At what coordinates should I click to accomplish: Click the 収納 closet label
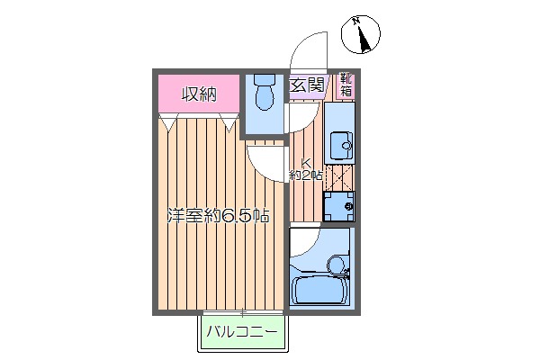pyautogui.click(x=199, y=94)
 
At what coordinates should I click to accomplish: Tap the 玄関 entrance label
pyautogui.click(x=307, y=85)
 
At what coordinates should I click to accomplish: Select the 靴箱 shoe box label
pyautogui.click(x=346, y=85)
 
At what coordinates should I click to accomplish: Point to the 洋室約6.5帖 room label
pyautogui.click(x=218, y=216)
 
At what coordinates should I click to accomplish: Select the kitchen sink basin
pyautogui.click(x=339, y=144)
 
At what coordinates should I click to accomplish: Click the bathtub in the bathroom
pyautogui.click(x=319, y=290)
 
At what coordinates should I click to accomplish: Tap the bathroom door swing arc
pyautogui.click(x=303, y=243)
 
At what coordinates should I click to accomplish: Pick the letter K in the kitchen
pyautogui.click(x=305, y=163)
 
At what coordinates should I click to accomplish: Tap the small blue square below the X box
pyautogui.click(x=339, y=205)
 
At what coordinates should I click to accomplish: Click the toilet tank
pyautogui.click(x=264, y=79)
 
